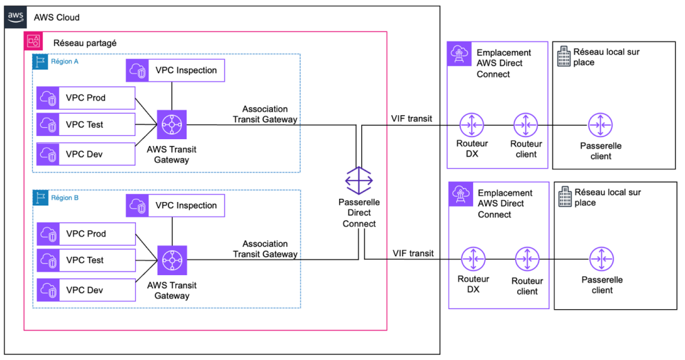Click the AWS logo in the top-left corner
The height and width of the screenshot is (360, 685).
click(x=15, y=17)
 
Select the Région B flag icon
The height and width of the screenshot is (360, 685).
click(x=41, y=198)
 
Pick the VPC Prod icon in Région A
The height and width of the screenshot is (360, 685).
click(x=48, y=98)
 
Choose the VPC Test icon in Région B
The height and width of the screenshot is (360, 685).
click(x=48, y=260)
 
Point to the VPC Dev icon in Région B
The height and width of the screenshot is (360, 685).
click(x=48, y=289)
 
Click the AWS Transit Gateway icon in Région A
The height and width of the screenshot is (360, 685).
click(x=172, y=124)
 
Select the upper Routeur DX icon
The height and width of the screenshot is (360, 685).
click(x=472, y=124)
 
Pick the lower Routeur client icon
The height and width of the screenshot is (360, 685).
click(x=527, y=260)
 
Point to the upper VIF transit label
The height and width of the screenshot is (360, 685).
click(x=411, y=118)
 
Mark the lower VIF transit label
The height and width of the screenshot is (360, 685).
click(x=412, y=254)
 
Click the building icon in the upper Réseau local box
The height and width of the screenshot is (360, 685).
click(x=564, y=56)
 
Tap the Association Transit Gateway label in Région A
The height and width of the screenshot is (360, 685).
click(x=265, y=114)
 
